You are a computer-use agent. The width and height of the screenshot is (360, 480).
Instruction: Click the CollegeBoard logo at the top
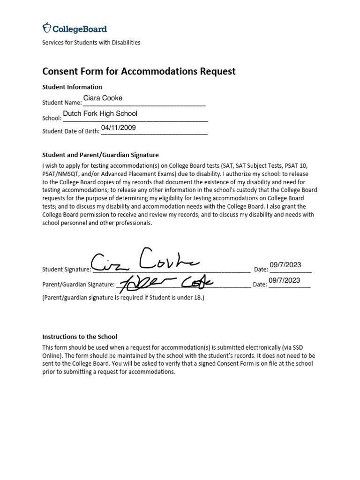click(75, 29)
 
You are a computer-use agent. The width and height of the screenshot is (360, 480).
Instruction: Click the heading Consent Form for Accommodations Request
click(139, 71)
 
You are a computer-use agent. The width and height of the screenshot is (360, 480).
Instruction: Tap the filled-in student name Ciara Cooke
click(103, 98)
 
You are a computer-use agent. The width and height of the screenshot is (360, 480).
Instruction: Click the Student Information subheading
click(72, 87)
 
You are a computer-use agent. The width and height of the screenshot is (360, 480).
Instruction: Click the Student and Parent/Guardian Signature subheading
click(100, 154)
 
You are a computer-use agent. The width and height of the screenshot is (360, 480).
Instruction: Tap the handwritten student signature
click(145, 260)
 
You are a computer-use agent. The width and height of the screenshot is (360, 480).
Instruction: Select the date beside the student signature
click(285, 265)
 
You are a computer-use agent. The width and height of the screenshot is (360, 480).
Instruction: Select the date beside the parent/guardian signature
click(284, 280)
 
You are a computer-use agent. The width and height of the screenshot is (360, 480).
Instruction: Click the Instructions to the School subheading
click(80, 337)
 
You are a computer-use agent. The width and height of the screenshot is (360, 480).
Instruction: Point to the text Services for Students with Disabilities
click(91, 42)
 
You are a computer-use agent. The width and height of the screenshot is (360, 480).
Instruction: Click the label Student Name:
click(62, 103)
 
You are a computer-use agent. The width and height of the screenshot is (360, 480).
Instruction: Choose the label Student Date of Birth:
click(71, 131)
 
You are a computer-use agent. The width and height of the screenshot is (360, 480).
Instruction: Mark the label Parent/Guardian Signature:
click(78, 285)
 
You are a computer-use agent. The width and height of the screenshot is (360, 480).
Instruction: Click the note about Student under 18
click(123, 297)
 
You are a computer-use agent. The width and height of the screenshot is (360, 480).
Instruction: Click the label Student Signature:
click(67, 270)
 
